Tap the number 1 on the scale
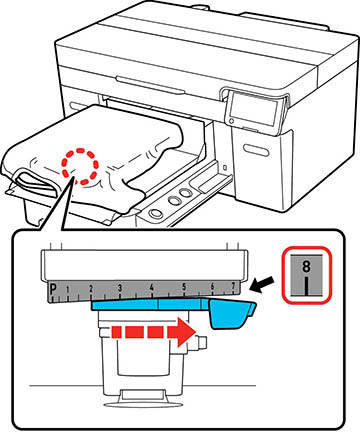coord(68,290)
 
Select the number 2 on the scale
coord(91,289)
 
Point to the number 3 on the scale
coord(119,288)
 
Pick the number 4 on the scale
coord(152,287)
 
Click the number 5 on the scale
coord(184,286)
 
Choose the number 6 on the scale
coord(213,286)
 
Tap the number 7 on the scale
coord(233,286)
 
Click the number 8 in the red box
coord(306,266)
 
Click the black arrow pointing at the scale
coord(262,284)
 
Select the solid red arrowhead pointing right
coord(181,332)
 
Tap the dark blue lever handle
coord(232,314)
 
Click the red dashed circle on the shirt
coord(80,166)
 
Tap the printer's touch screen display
coord(255,107)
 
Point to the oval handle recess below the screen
coord(256,151)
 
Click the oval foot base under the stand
coord(143,405)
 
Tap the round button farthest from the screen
coord(155,213)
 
